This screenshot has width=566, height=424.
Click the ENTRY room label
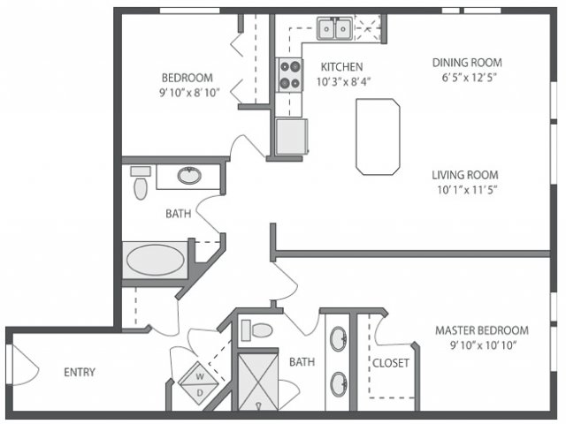pyautogui.click(x=80, y=372)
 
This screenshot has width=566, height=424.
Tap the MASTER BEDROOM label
pyautogui.click(x=482, y=330)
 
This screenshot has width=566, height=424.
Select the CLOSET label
pyautogui.click(x=391, y=363)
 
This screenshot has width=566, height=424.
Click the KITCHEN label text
pyautogui.click(x=342, y=67)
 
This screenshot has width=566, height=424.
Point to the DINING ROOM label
pyautogui.click(x=467, y=63)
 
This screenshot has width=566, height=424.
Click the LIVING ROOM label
pyautogui.click(x=465, y=175)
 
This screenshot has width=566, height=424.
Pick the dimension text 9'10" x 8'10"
pyautogui.click(x=189, y=93)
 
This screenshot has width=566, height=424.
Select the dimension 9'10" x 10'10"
pyautogui.click(x=484, y=345)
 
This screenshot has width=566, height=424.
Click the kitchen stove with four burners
pyautogui.click(x=289, y=75)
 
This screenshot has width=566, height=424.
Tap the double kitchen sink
pyautogui.click(x=335, y=28)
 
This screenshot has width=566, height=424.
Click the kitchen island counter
pyautogui.click(x=378, y=137)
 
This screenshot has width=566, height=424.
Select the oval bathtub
pyautogui.click(x=156, y=260)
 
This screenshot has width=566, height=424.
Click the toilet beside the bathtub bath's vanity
pyautogui.click(x=141, y=183)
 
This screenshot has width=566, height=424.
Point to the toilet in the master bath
pyautogui.click(x=257, y=329)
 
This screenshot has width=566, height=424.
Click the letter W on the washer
pyautogui.click(x=200, y=377)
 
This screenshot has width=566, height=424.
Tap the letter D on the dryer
pyautogui.click(x=200, y=392)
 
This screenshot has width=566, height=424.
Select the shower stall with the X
pyautogui.click(x=258, y=382)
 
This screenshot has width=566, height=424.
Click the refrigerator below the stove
pyautogui.click(x=291, y=136)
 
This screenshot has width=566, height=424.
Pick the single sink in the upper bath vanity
pyautogui.click(x=189, y=175)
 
